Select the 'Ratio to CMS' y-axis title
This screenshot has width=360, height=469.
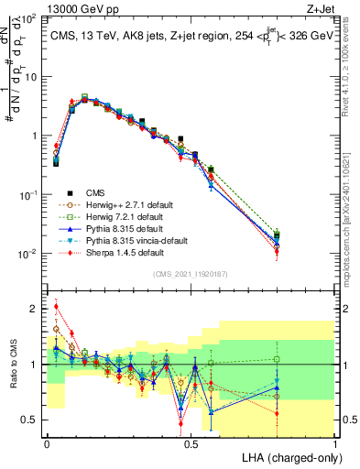(x=13, y=365)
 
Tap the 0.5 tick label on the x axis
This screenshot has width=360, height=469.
(x=189, y=442)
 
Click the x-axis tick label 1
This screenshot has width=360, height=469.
(x=335, y=442)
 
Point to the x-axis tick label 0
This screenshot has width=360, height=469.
(x=46, y=442)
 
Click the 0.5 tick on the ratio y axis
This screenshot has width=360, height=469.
(x=30, y=420)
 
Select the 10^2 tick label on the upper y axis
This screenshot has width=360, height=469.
(x=29, y=18)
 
